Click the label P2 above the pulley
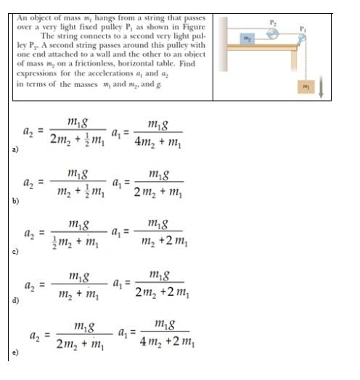click(x=273, y=22)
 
